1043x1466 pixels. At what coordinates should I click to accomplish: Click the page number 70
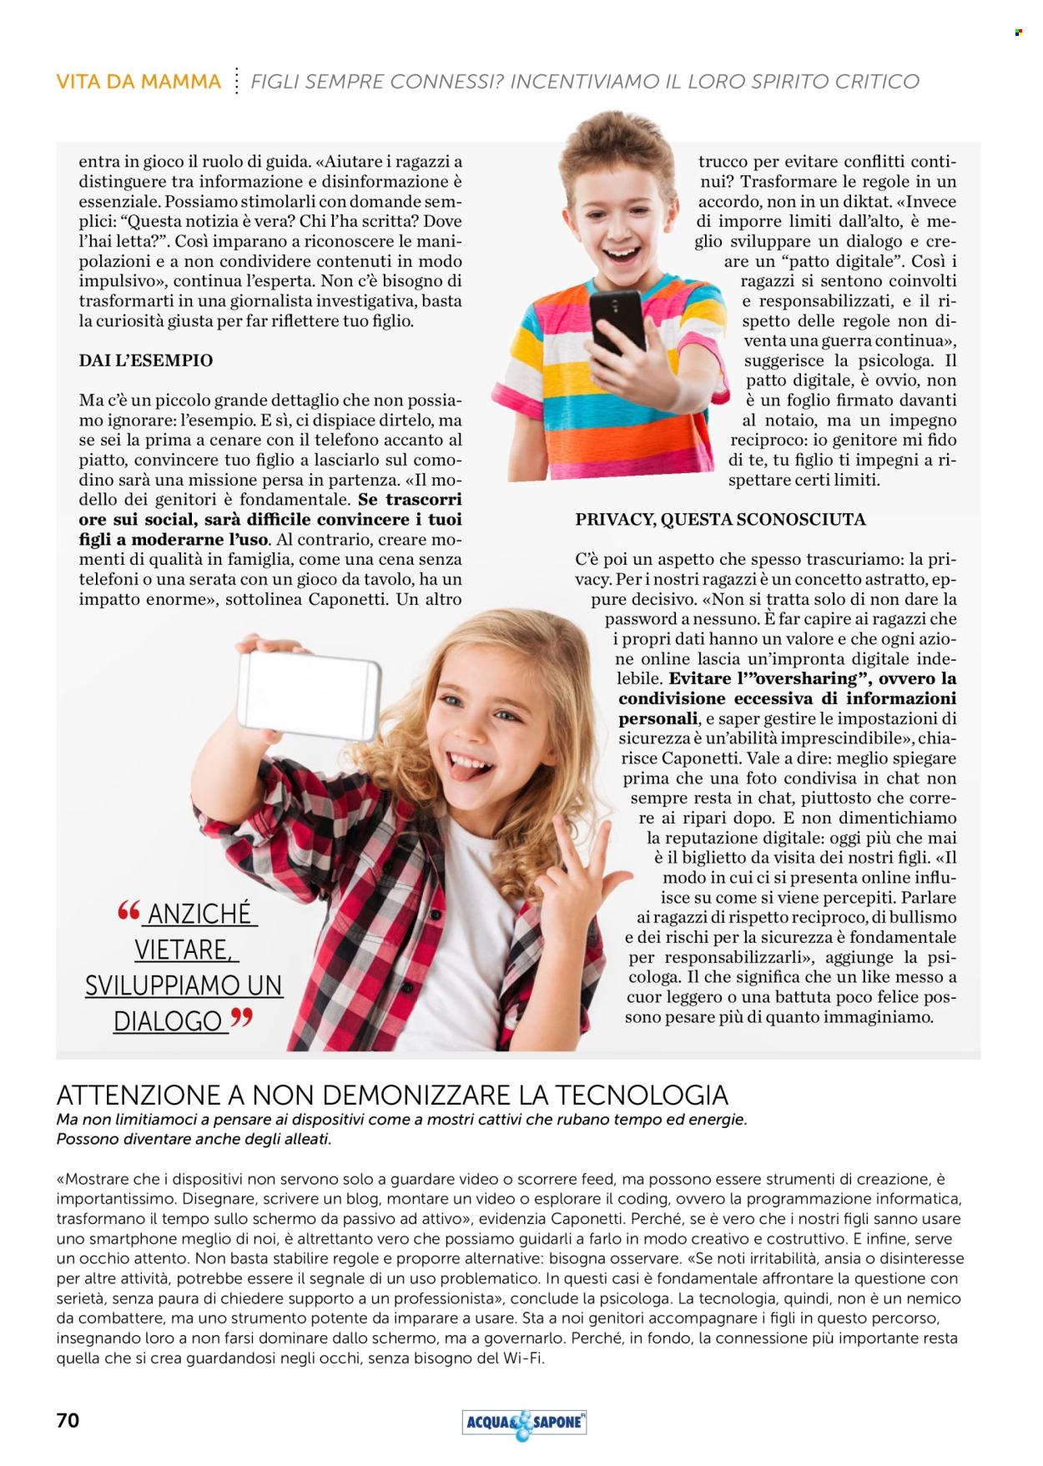tap(68, 1419)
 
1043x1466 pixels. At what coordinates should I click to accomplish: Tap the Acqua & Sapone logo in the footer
tap(523, 1423)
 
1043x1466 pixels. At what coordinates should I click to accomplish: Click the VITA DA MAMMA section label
tap(139, 82)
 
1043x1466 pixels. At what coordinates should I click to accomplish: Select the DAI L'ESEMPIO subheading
tap(146, 360)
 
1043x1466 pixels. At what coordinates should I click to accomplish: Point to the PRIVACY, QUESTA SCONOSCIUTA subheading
tap(720, 519)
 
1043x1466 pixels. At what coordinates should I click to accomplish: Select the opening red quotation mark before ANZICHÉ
tap(128, 910)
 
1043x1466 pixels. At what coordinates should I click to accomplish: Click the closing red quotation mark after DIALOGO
tap(241, 1017)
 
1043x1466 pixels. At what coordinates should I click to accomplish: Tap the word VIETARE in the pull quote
tap(182, 950)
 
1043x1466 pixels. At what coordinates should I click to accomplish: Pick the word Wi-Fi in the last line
tap(521, 1358)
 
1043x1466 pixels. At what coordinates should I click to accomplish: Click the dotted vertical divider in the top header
tap(237, 81)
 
